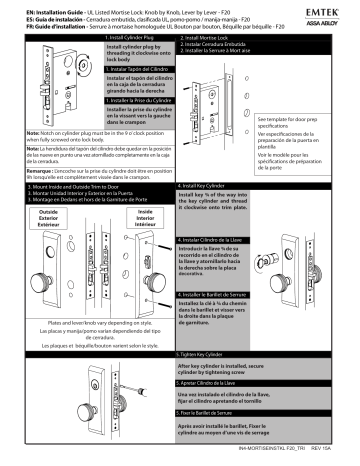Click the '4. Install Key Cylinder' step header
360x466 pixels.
tap(210, 186)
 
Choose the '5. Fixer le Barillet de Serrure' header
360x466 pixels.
tap(215, 427)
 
